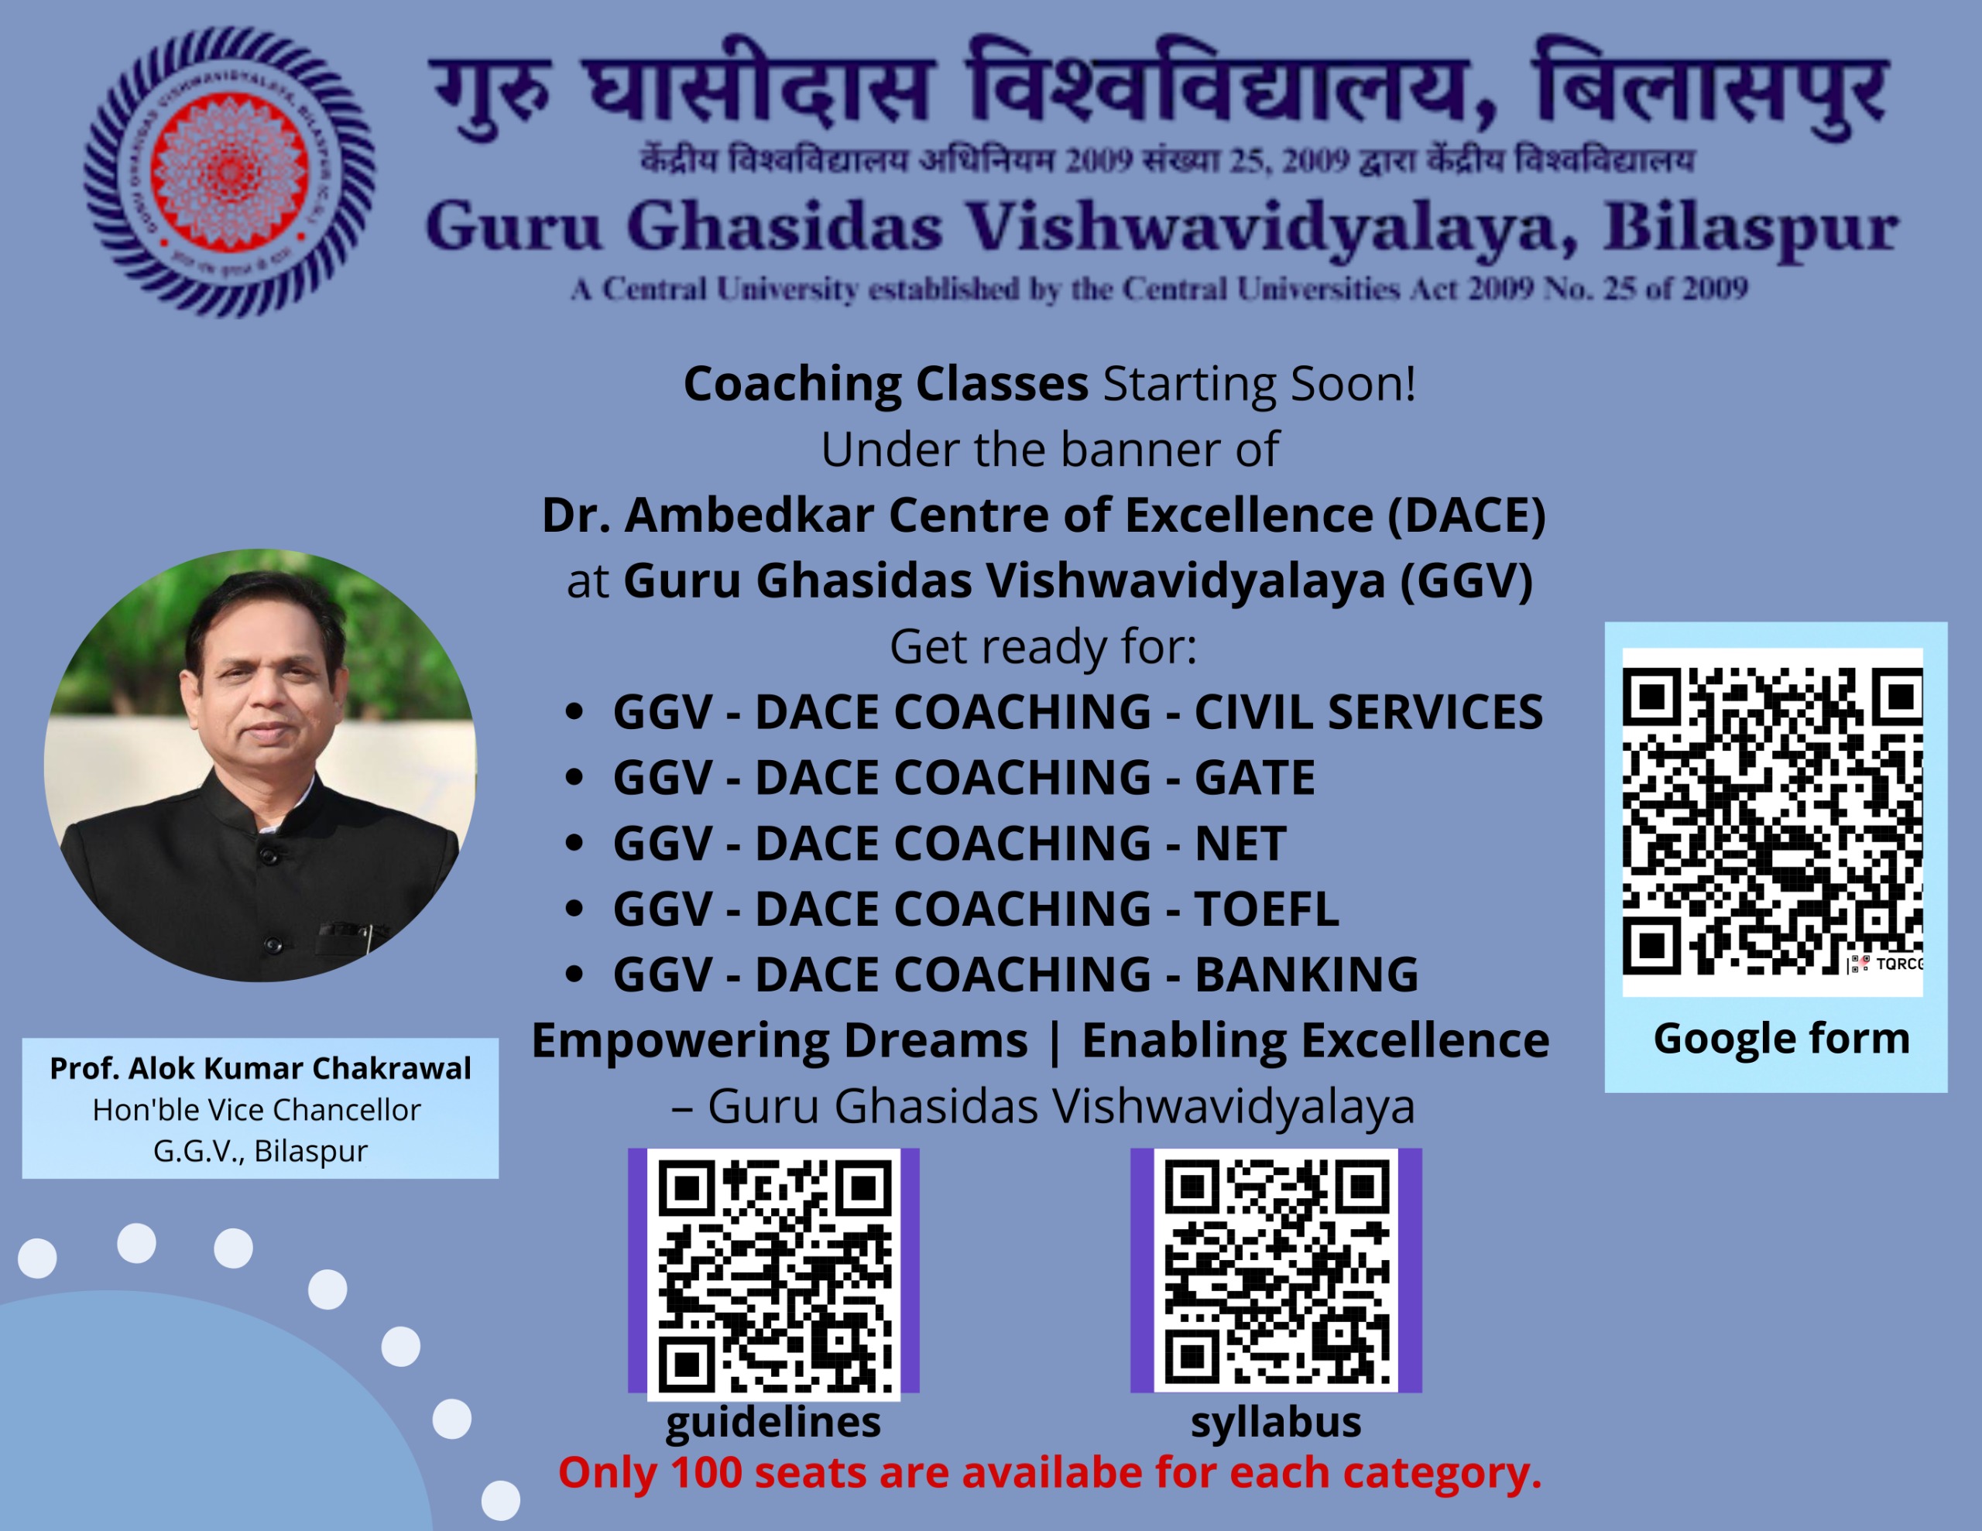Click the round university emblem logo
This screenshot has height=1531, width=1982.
click(x=228, y=172)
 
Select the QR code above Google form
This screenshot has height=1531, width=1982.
click(x=1772, y=821)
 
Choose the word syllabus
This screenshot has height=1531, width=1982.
click(x=1276, y=1422)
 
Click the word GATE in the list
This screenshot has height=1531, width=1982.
click(x=1254, y=778)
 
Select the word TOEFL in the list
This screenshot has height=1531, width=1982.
click(x=1266, y=909)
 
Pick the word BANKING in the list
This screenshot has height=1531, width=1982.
click(x=1306, y=974)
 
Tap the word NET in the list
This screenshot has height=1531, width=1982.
click(x=1240, y=844)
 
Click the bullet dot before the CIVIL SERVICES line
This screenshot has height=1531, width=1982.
click(x=573, y=712)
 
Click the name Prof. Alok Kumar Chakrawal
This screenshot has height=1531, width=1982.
click(x=260, y=1069)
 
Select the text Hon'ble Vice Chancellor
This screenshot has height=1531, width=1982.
click(x=257, y=1110)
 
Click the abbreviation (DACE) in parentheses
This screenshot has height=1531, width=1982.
click(x=1466, y=515)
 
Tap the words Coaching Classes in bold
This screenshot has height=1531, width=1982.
click(x=886, y=384)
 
